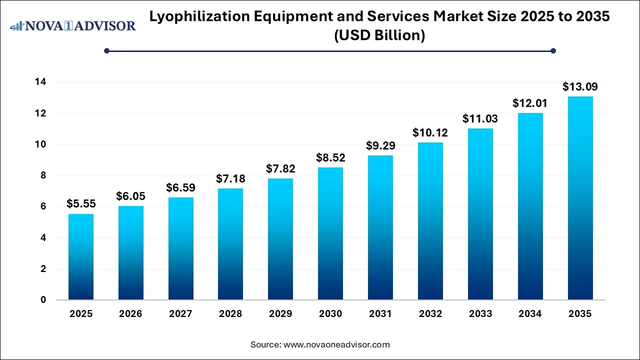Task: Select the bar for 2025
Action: click(80, 257)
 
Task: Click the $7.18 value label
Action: click(230, 178)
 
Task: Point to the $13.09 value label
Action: click(580, 87)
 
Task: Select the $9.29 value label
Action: click(380, 146)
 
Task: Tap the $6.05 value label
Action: click(130, 196)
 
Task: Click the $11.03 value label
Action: click(480, 119)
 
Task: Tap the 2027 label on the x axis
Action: click(180, 314)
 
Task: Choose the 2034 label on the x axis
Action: click(530, 314)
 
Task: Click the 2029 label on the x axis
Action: click(280, 314)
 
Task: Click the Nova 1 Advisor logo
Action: click(73, 25)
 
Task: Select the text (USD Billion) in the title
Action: click(380, 35)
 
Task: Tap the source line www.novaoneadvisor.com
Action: click(320, 344)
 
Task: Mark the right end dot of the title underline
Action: click(553, 50)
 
